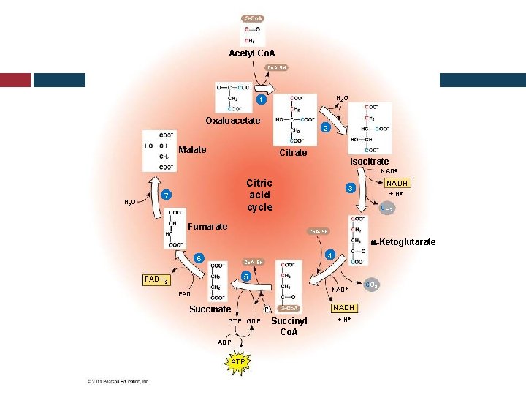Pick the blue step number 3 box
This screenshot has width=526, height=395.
pyautogui.click(x=351, y=189)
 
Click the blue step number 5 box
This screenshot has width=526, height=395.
pyautogui.click(x=246, y=277)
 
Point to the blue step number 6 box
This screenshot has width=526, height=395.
pyautogui.click(x=198, y=259)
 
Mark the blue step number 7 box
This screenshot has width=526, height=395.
pyautogui.click(x=167, y=195)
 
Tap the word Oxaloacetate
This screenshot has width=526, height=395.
pyautogui.click(x=232, y=121)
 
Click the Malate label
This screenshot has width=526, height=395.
pyautogui.click(x=192, y=150)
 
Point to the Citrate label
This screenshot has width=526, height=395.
pyautogui.click(x=293, y=153)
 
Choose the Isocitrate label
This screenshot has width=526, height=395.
pyautogui.click(x=369, y=161)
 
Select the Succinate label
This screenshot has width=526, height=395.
pyautogui.click(x=210, y=309)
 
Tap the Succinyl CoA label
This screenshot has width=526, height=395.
pyautogui.click(x=289, y=326)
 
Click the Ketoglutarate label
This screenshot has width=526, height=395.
pyautogui.click(x=406, y=242)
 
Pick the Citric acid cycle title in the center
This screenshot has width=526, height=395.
pyautogui.click(x=259, y=195)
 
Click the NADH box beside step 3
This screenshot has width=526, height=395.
pyautogui.click(x=397, y=183)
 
